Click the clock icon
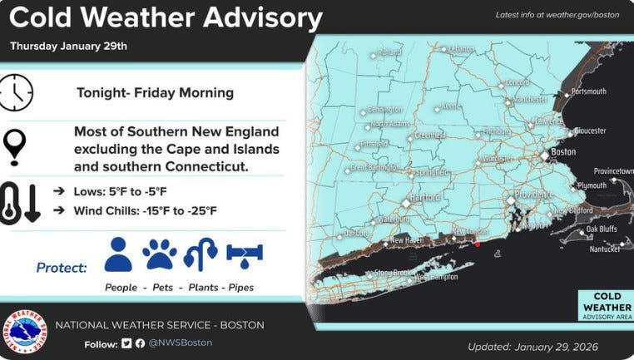[17, 91]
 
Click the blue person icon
[118, 254]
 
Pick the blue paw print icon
[160, 254]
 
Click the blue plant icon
[201, 254]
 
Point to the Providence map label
[534, 194]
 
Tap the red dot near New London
[478, 244]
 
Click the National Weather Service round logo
[24, 332]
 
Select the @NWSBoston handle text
[181, 343]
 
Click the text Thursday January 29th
[68, 47]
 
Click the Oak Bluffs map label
[603, 229]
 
